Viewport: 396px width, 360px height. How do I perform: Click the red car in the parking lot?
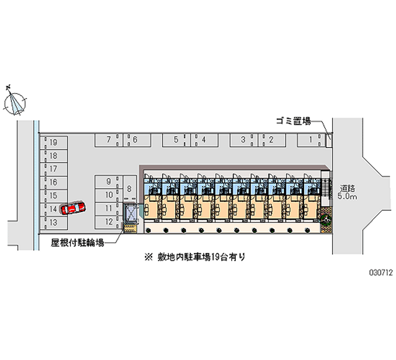[x=73, y=208]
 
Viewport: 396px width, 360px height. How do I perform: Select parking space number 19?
[x=53, y=143]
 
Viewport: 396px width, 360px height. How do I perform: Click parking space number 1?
[x=311, y=140]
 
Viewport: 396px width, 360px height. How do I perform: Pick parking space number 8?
[x=130, y=189]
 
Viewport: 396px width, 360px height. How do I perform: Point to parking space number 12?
[x=108, y=222]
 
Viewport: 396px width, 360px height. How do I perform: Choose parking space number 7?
[x=109, y=140]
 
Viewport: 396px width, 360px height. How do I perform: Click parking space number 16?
[x=53, y=182]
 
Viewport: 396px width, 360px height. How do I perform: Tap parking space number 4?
[x=204, y=140]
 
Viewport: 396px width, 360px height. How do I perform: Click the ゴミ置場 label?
[x=293, y=121]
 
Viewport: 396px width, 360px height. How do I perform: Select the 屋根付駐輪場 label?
[x=78, y=243]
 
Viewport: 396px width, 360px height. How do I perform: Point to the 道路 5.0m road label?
[x=347, y=192]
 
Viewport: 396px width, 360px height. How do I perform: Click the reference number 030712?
[x=381, y=272]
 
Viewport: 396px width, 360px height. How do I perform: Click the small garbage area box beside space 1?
[x=329, y=140]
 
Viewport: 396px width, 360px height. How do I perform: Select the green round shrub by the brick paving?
[x=326, y=219]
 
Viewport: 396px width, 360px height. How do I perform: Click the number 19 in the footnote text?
[x=215, y=257]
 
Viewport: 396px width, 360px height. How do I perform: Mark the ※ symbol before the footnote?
[x=148, y=257]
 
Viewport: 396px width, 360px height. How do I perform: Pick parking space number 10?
[x=108, y=195]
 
